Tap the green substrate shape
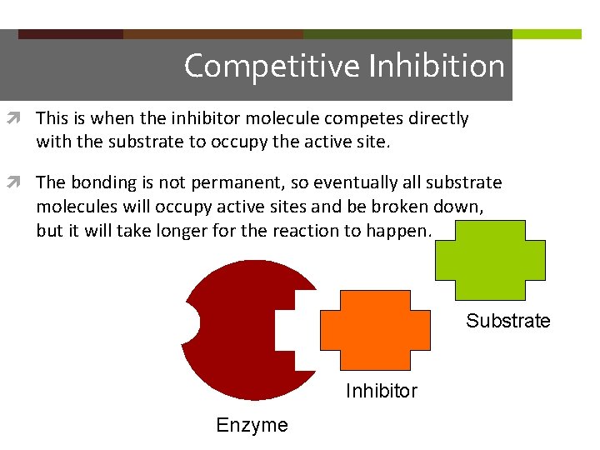click(x=490, y=260)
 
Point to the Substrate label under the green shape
click(x=507, y=321)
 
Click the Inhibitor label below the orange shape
click(x=381, y=391)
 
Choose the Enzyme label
click(x=252, y=425)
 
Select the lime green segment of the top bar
click(x=547, y=34)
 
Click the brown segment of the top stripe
click(x=213, y=34)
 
